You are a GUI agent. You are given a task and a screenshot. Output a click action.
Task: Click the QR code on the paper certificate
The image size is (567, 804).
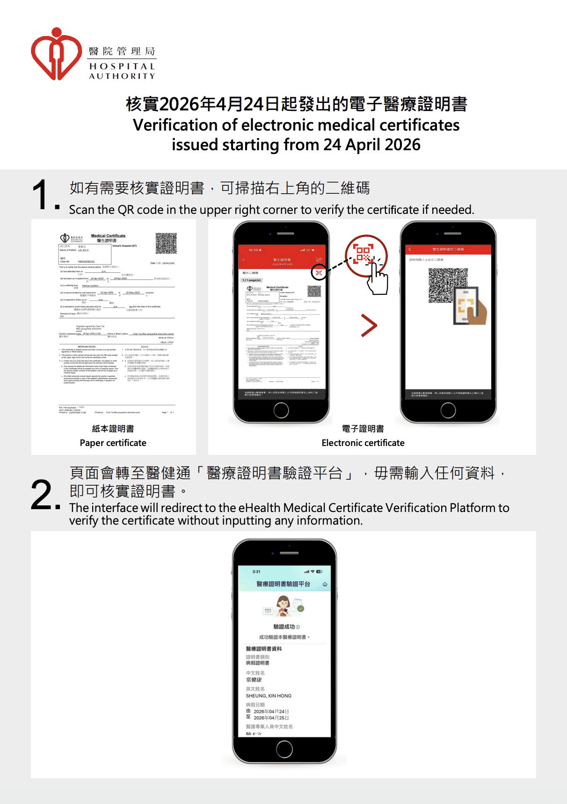(166, 243)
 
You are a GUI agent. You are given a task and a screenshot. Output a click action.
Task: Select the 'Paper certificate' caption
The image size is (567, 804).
(113, 443)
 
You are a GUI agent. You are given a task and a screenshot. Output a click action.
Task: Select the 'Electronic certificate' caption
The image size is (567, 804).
(363, 443)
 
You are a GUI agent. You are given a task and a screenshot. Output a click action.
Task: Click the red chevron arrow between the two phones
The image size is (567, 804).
(369, 326)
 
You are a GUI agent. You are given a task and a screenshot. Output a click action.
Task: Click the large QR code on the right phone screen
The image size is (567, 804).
(448, 285)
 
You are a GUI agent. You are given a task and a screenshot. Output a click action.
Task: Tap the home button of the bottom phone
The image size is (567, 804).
(284, 749)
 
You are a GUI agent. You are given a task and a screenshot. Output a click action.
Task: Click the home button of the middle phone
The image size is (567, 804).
(281, 410)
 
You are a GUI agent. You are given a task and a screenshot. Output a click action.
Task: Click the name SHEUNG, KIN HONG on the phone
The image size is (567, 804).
(269, 696)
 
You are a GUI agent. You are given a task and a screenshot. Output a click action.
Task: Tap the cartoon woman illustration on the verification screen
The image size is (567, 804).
(283, 606)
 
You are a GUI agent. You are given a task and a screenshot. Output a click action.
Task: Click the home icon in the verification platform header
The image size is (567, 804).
(325, 584)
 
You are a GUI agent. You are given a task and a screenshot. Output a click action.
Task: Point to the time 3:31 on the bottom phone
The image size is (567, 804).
(256, 571)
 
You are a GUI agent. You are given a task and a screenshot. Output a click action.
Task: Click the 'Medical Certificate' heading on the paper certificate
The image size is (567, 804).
(108, 236)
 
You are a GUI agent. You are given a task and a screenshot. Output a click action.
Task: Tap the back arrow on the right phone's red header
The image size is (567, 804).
(410, 249)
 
